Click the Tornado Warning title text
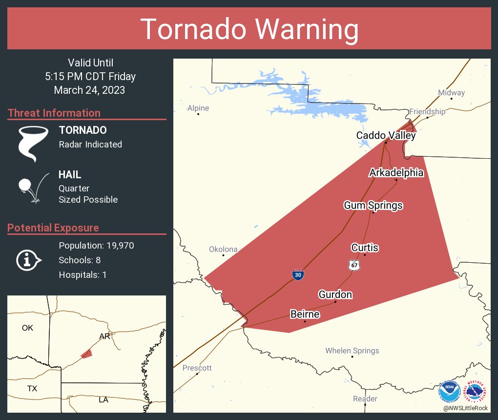(x=249, y=29)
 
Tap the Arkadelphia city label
(x=396, y=173)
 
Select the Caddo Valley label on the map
(x=386, y=135)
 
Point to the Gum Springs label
(x=373, y=205)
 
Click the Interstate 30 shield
(x=298, y=274)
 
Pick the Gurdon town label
(x=335, y=294)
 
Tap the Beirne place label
(x=305, y=314)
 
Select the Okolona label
(x=223, y=249)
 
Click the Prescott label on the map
(x=197, y=368)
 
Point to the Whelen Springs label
(x=352, y=351)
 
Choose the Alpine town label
(x=198, y=108)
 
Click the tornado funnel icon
(x=33, y=143)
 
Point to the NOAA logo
(x=450, y=392)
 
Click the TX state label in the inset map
(x=32, y=389)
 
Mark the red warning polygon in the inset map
(x=86, y=354)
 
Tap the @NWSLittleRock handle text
(x=466, y=408)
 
